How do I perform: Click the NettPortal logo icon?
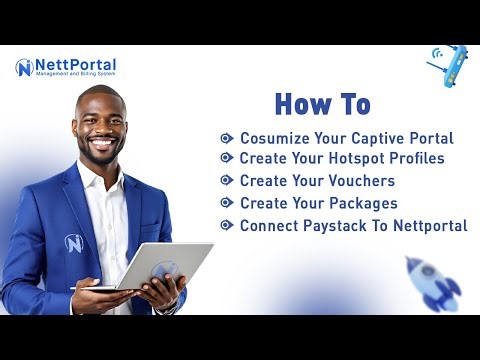(24, 68)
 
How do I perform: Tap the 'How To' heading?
(322, 104)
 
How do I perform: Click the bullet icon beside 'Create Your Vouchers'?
(227, 181)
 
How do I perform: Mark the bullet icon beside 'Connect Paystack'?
(227, 225)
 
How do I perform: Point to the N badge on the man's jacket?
(73, 243)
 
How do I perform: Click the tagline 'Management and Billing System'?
(75, 75)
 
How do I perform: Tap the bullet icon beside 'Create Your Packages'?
(227, 203)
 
